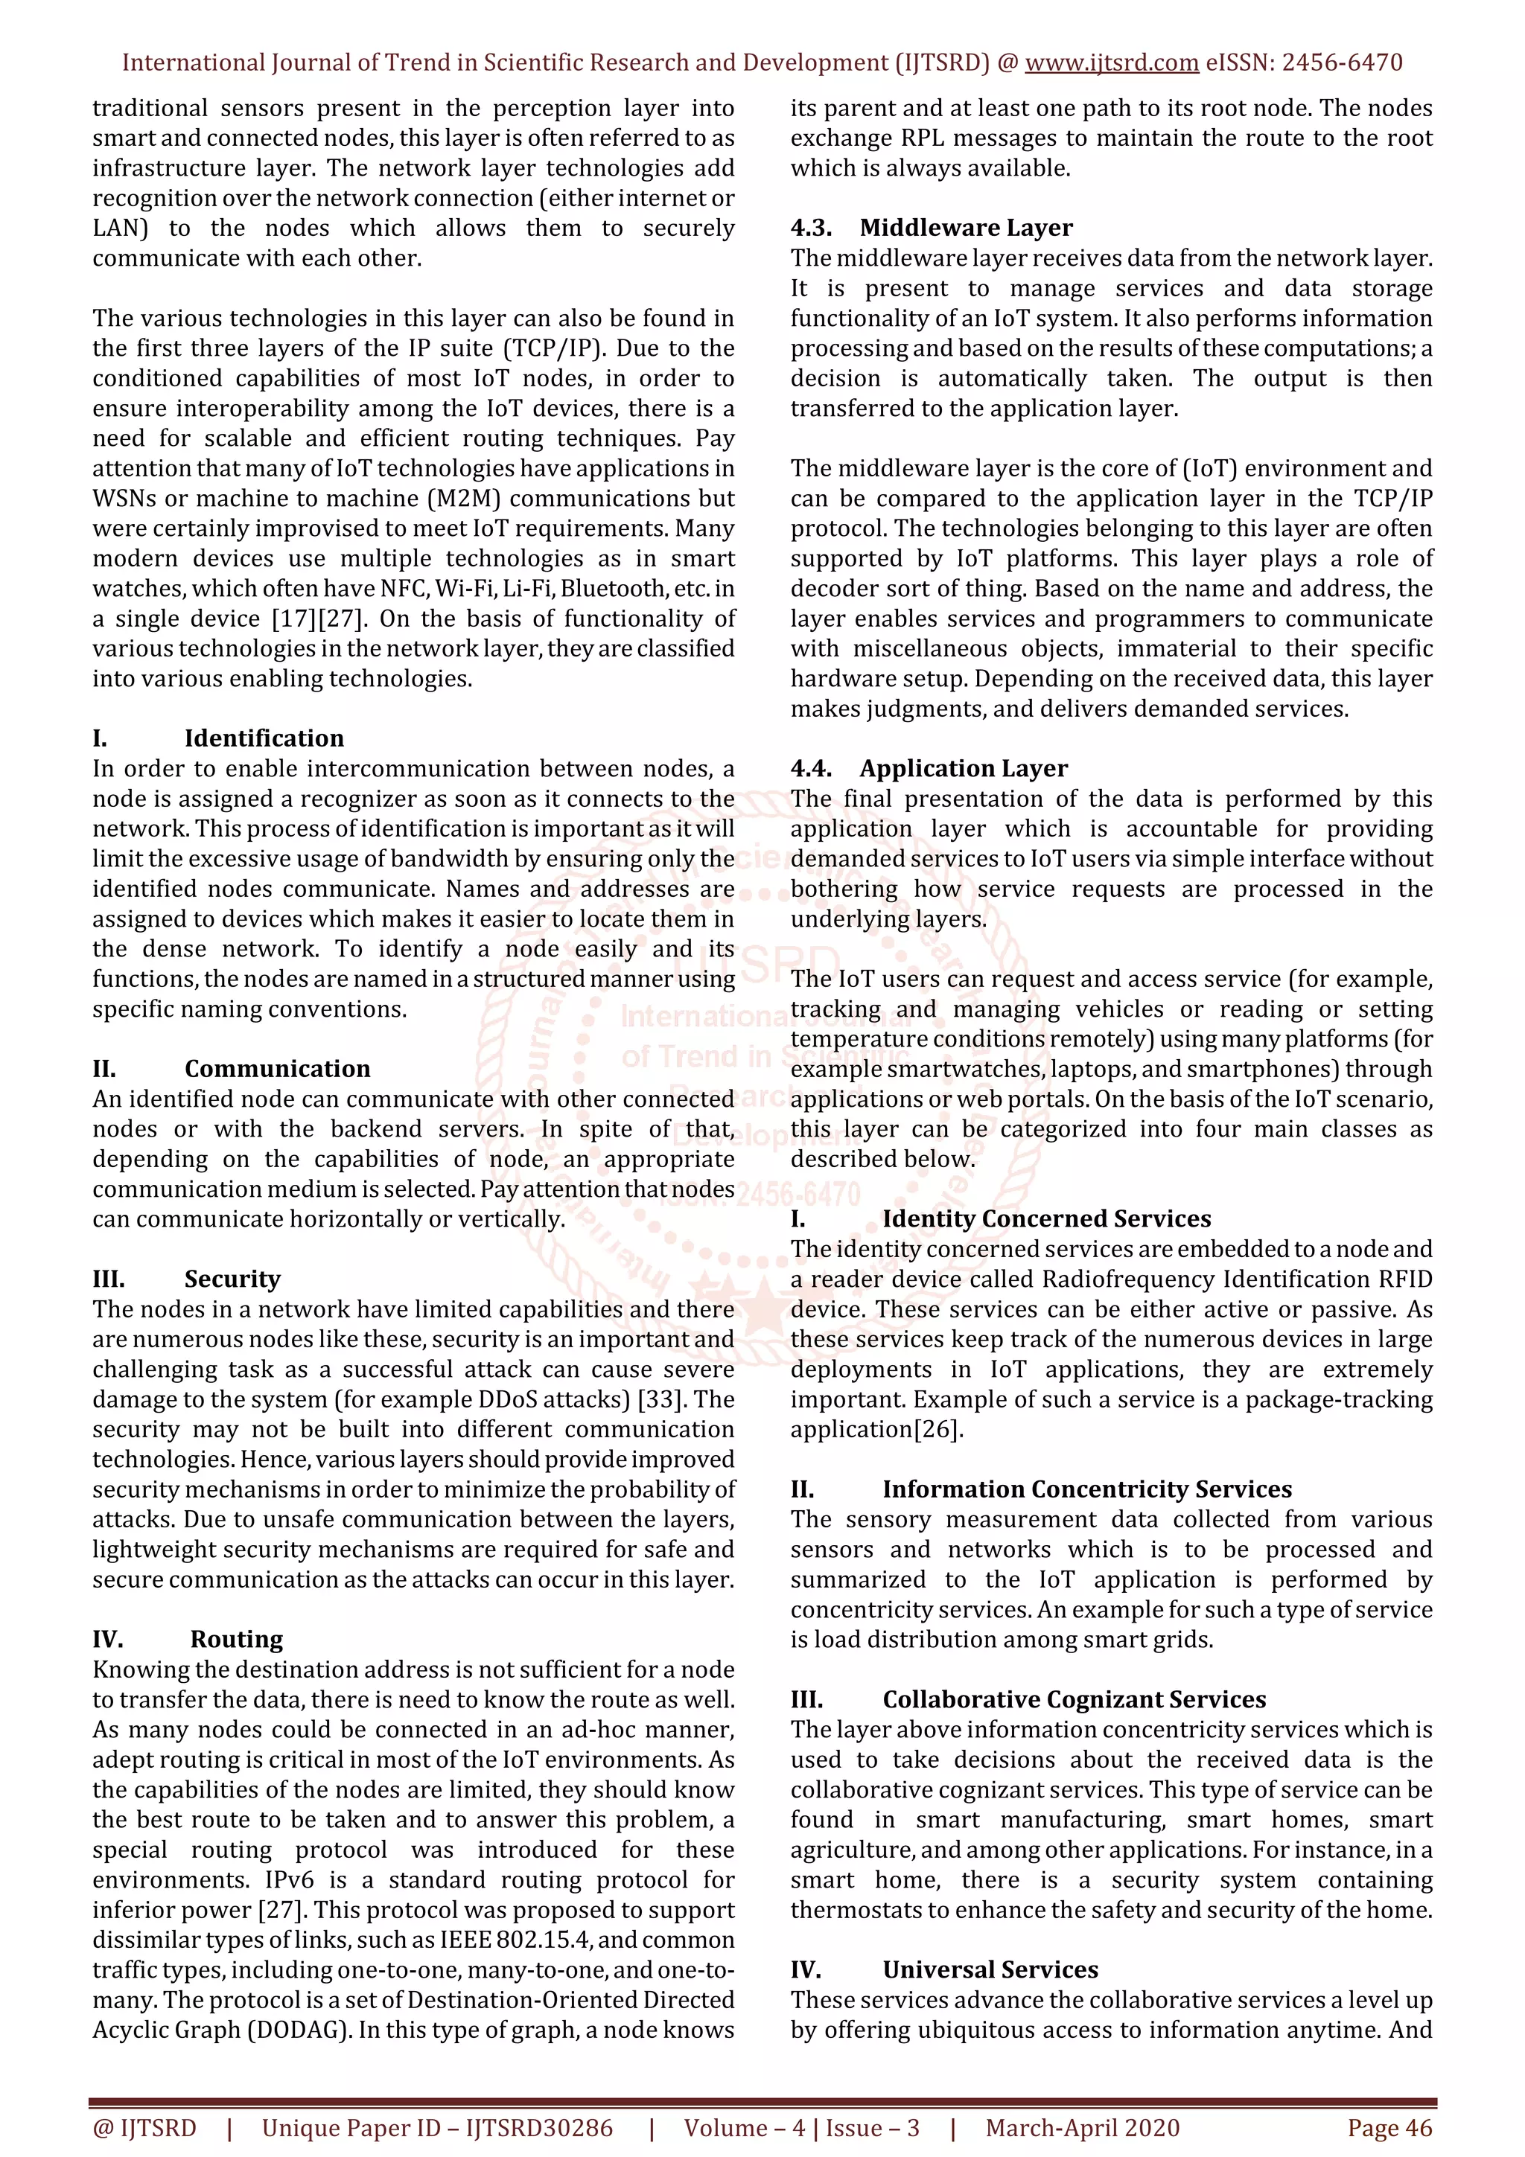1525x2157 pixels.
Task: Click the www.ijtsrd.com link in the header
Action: [x=1111, y=63]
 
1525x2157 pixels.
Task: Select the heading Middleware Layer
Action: [x=965, y=229]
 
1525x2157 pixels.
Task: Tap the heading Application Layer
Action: [x=963, y=768]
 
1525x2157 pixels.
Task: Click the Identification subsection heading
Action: [x=264, y=738]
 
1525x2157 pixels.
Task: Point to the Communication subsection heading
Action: [x=277, y=1069]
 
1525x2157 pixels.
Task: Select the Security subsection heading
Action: [x=232, y=1279]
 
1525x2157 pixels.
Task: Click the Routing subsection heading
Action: [x=236, y=1640]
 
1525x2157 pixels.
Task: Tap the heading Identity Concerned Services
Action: [x=1045, y=1219]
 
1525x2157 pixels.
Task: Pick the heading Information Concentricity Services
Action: [x=1086, y=1489]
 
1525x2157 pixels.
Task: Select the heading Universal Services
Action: [x=990, y=1969]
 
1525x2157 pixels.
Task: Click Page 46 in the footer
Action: [x=1389, y=2128]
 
